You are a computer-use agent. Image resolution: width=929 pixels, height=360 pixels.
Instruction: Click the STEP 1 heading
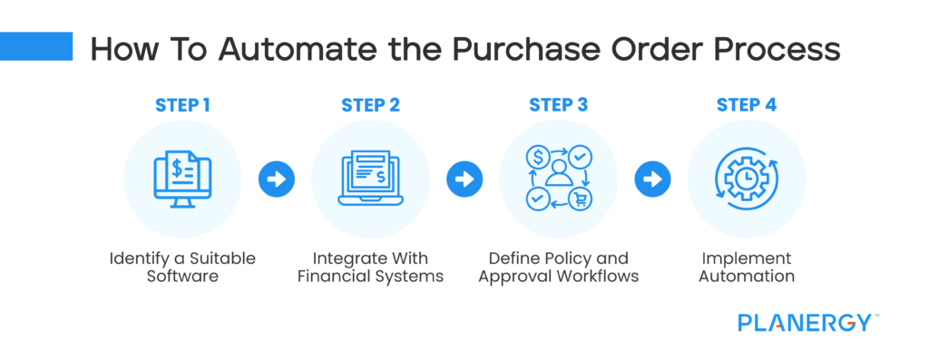point(182,104)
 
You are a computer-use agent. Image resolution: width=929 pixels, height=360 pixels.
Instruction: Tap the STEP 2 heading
point(370,104)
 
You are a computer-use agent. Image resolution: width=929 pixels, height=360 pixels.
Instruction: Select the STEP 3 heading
point(558,104)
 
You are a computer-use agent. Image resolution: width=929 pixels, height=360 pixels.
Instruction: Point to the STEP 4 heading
point(746,104)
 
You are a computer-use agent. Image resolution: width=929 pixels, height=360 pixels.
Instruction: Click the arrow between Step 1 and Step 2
point(276,179)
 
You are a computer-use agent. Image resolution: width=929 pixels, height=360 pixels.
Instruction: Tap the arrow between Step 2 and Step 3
point(464,179)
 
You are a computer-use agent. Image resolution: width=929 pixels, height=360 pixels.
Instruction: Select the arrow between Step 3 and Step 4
point(651,179)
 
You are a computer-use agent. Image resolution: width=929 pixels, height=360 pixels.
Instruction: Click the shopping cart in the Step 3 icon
point(577,198)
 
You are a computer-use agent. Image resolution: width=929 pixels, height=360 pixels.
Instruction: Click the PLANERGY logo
point(807,322)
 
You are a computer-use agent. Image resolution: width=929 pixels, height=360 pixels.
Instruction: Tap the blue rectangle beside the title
point(36,46)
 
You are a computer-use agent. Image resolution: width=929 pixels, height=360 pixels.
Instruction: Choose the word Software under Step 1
point(182,277)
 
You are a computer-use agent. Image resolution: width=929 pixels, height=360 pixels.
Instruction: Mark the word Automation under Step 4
point(746,277)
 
